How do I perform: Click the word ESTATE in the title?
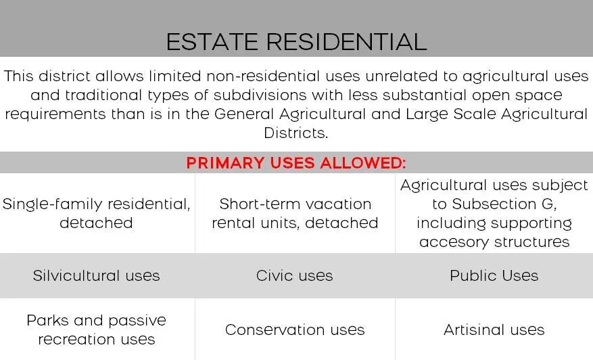tap(212, 42)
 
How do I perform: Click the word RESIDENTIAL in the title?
tap(347, 42)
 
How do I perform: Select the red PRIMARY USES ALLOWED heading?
tap(295, 163)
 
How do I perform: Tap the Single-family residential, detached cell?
tap(97, 214)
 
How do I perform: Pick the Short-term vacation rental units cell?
tap(295, 214)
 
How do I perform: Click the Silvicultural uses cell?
tap(97, 275)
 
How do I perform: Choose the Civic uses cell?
tap(295, 275)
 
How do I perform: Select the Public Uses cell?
tap(494, 275)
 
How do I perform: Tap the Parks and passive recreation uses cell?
tap(97, 330)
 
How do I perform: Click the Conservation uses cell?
tap(295, 330)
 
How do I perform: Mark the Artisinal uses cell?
tap(494, 330)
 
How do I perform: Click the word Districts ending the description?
tap(295, 133)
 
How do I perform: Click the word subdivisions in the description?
tap(260, 95)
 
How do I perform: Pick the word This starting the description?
tap(18, 76)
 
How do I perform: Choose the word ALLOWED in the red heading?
tap(362, 163)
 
